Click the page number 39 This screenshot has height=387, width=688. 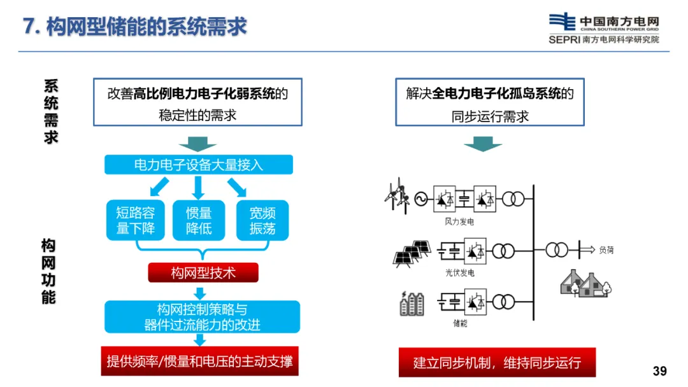coord(659,371)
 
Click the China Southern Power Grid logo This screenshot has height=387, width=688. coord(604,29)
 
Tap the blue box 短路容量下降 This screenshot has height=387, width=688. coord(136,220)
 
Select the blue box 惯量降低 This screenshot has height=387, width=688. coord(199,220)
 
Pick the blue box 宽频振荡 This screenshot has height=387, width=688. coord(262,220)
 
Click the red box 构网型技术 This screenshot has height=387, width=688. coord(203,272)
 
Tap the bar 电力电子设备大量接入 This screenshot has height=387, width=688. coord(199,165)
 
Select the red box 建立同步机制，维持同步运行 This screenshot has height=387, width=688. coord(497,362)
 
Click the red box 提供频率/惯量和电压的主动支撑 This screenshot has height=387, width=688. coord(199,361)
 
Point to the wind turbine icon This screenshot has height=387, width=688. coord(397,196)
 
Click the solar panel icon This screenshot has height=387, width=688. coord(412,254)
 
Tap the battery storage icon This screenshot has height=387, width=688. coord(412,303)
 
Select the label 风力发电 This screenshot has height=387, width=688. coord(459,222)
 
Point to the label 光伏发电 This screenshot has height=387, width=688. coord(459,272)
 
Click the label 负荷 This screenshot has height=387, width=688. coord(606,250)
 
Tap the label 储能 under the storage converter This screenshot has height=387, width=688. coord(460,323)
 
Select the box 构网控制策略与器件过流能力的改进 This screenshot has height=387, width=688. coord(203,317)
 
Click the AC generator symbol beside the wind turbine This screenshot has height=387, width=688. coord(421,199)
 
